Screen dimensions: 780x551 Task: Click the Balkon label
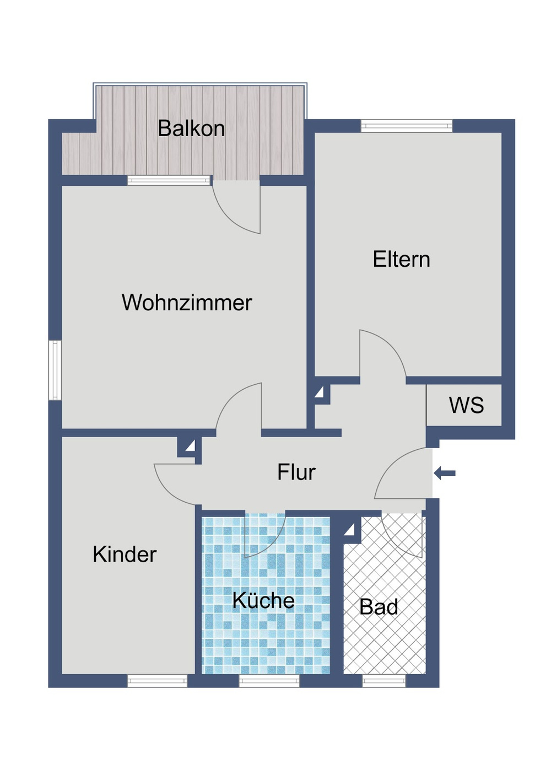coord(191,128)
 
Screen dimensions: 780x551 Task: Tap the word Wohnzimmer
coord(187,303)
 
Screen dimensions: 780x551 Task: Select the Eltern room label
coord(401,260)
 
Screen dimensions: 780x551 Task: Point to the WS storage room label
coord(466,405)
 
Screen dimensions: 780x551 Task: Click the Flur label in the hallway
coord(296,472)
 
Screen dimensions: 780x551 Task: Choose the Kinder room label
coord(125,555)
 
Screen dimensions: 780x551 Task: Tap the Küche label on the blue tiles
coord(263,600)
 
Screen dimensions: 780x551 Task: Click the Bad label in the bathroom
coord(379,607)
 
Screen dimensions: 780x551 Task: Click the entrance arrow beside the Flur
coord(445,473)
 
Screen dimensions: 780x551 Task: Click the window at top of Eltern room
coord(406,126)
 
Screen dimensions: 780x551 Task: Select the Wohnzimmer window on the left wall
coord(55,369)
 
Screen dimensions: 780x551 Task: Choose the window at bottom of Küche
coord(269,681)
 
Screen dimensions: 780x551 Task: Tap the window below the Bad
coord(383,681)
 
